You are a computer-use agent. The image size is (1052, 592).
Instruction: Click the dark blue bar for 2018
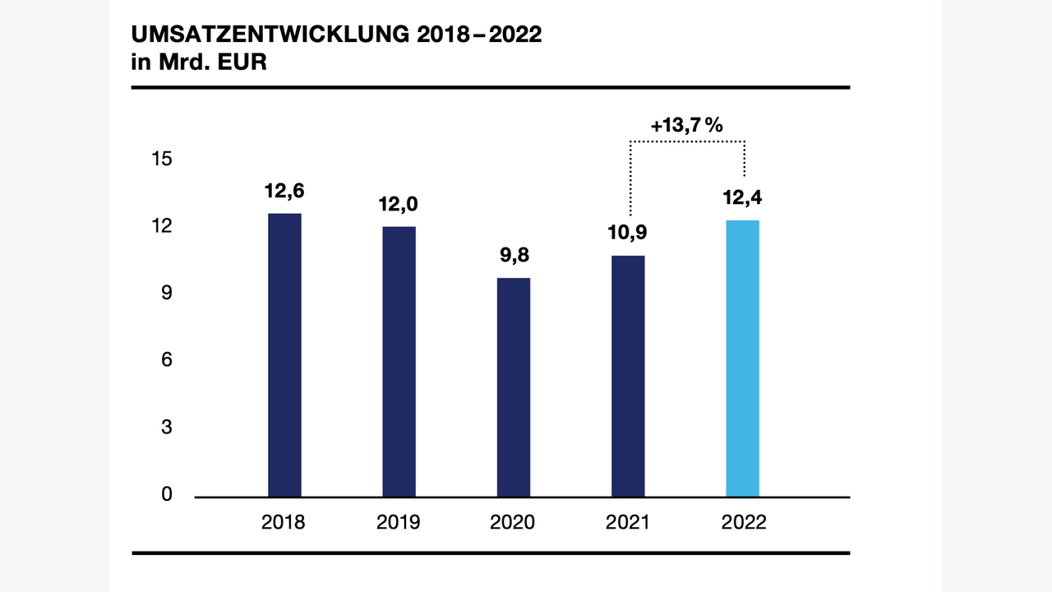pos(284,355)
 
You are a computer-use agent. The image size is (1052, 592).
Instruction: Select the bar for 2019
pos(399,362)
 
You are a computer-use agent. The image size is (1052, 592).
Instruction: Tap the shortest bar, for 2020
pos(514,387)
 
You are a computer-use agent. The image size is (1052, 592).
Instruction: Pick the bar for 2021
pos(628,376)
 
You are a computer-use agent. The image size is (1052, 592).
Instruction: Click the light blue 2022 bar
pos(743,358)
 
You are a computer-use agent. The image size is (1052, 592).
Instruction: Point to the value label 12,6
pos(284,191)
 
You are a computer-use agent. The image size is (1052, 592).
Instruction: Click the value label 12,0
pos(399,204)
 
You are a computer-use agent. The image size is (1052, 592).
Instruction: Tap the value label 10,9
pos(628,233)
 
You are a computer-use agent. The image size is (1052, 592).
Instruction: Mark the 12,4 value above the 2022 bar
pos(742,198)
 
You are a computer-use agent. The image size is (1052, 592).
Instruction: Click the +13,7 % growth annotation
pos(686,126)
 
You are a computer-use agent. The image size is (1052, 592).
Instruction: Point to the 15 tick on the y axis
pos(162,159)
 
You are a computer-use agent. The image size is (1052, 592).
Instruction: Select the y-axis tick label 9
pos(166,294)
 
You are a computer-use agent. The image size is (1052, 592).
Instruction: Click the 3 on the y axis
pos(166,428)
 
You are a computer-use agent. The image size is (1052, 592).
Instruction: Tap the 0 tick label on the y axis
pos(166,494)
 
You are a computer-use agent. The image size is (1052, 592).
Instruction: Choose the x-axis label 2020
pos(513,523)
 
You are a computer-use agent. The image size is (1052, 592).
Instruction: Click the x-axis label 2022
pos(743,523)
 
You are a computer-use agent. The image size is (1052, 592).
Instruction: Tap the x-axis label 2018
pos(284,523)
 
